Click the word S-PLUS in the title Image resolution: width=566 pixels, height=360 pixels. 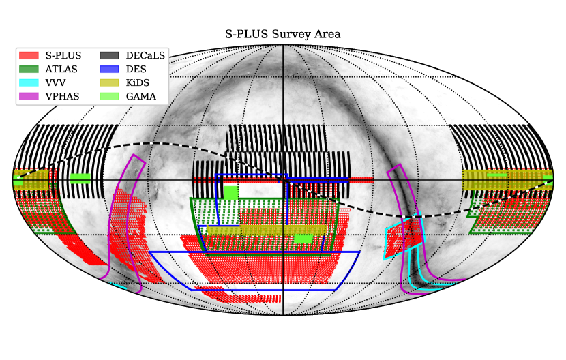coord(247,34)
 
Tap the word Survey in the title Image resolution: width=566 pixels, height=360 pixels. coord(291,35)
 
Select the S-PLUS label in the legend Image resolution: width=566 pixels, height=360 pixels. coord(63,55)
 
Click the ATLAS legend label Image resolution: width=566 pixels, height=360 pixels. coord(61,69)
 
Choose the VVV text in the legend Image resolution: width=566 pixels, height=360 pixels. coord(56,82)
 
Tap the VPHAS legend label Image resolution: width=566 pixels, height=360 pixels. coord(63,96)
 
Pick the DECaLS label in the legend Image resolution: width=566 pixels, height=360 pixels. coord(145,55)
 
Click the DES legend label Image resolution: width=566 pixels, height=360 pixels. coord(136,69)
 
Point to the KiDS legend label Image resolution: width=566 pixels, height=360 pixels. coord(138,82)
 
